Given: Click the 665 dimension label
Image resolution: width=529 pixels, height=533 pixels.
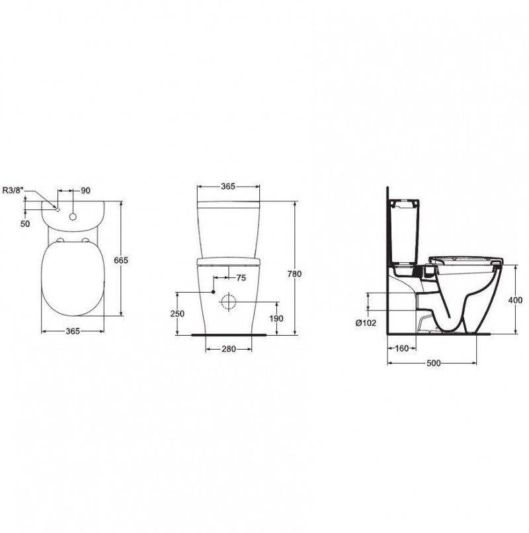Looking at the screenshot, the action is click(121, 260).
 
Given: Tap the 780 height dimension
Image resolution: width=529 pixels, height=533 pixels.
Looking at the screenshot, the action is click(294, 273).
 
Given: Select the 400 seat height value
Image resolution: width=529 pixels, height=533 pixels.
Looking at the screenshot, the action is click(515, 300).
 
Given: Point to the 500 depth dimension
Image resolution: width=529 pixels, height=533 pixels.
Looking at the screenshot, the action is click(434, 363).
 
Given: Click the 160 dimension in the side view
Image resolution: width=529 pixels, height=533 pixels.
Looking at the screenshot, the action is click(402, 348).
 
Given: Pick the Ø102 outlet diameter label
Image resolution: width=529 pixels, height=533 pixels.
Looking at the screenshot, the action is click(366, 323).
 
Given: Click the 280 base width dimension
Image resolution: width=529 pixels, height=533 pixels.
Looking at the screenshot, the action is click(229, 349).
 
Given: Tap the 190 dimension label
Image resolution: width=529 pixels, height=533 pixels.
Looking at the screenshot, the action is click(276, 318).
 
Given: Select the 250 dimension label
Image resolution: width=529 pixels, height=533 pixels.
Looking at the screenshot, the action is click(177, 313).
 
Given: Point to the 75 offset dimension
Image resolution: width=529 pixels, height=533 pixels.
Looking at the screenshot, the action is click(241, 278).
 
